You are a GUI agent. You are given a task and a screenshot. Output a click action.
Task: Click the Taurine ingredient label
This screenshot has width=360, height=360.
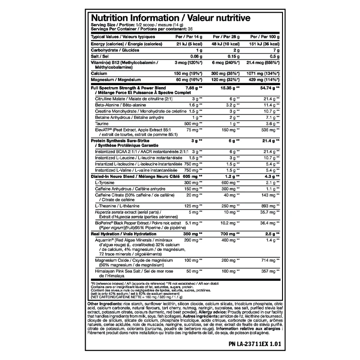point(102,123)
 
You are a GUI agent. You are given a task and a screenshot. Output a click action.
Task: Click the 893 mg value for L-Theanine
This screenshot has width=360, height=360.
point(269,205)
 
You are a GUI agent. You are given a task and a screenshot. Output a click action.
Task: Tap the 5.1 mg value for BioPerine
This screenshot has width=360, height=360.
point(190,223)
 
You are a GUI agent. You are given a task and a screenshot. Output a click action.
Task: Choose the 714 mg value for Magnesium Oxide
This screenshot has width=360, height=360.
point(269,260)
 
